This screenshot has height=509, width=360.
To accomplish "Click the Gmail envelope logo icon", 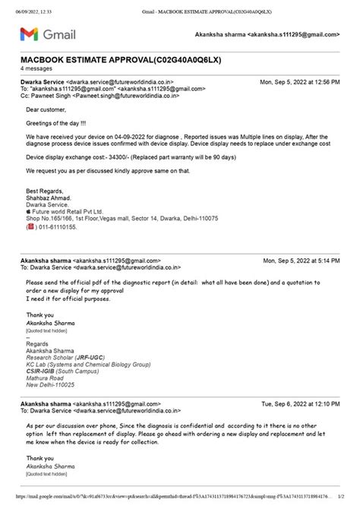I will [28, 34].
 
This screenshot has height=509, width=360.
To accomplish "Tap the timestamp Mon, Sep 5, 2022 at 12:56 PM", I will [299, 81].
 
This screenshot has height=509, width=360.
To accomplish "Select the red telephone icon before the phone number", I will [30, 226].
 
